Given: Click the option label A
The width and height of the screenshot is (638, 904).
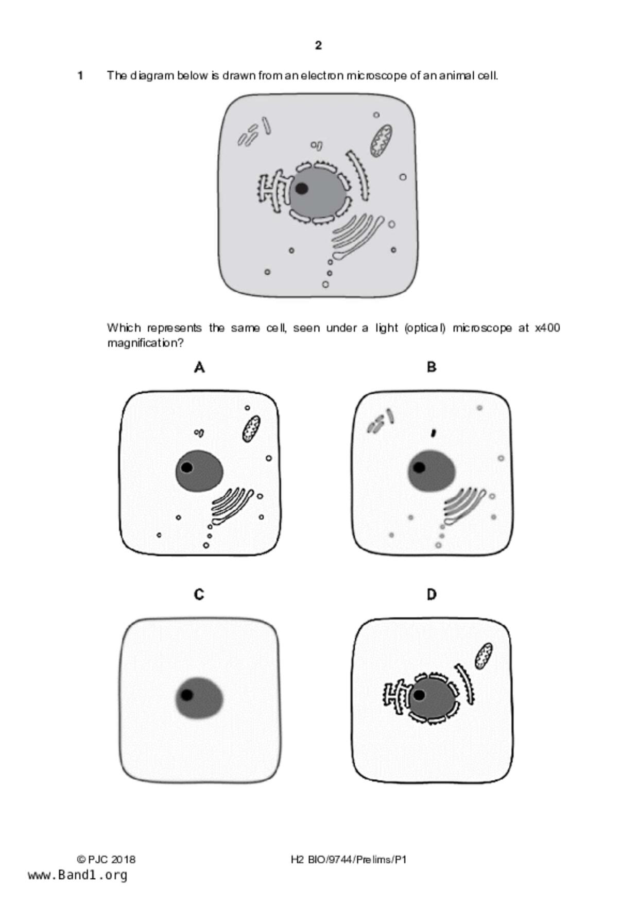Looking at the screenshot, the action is [x=199, y=367].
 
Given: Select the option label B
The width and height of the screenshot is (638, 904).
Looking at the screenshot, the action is [x=432, y=367].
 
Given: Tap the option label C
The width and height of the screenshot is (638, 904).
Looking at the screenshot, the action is [x=199, y=595].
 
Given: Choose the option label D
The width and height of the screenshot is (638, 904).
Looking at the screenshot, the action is [x=432, y=595].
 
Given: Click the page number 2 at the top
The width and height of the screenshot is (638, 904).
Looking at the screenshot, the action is [x=318, y=45].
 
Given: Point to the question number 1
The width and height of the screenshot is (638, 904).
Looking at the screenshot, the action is [x=80, y=76].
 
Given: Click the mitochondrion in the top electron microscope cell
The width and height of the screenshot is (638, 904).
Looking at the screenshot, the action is [x=381, y=140].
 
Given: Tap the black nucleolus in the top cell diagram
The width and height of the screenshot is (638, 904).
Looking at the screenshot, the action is [x=302, y=189].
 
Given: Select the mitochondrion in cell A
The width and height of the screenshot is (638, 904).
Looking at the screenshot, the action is [x=251, y=429].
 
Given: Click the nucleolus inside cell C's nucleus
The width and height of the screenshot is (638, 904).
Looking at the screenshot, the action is [x=187, y=695].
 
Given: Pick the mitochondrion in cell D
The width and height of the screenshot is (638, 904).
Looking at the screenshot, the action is [x=484, y=656].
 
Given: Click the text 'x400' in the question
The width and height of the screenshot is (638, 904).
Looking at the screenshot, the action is [x=547, y=328].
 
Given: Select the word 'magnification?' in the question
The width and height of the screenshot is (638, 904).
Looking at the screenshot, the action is [x=145, y=343].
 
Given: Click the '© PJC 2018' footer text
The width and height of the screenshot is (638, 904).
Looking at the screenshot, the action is [x=106, y=859].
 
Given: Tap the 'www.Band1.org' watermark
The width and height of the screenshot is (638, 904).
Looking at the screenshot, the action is [x=78, y=875].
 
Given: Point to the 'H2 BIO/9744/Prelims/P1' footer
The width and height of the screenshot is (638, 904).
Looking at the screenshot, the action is [x=349, y=859].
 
